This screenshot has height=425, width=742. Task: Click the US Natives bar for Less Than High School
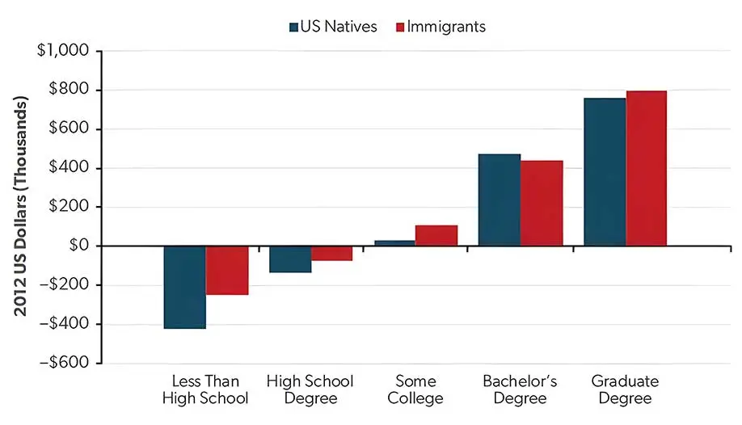[184, 287]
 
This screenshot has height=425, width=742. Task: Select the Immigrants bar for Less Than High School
[226, 270]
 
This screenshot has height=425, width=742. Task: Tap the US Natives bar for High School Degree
[289, 259]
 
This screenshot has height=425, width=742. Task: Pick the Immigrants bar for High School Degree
[331, 253]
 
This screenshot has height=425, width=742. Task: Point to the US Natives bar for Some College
[394, 242]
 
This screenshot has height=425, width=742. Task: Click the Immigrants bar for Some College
[436, 235]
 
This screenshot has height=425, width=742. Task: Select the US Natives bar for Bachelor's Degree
[500, 200]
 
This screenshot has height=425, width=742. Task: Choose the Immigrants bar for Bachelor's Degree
[542, 203]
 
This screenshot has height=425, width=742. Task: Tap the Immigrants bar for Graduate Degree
[647, 168]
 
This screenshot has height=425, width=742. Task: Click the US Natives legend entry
[333, 27]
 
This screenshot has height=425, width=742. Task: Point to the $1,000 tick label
[64, 52]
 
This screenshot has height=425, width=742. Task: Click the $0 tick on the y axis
[79, 246]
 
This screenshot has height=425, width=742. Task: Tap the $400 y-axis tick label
[72, 168]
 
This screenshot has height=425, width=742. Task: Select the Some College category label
[415, 389]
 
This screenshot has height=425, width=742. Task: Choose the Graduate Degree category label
[625, 389]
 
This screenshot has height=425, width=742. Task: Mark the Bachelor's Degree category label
[520, 389]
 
